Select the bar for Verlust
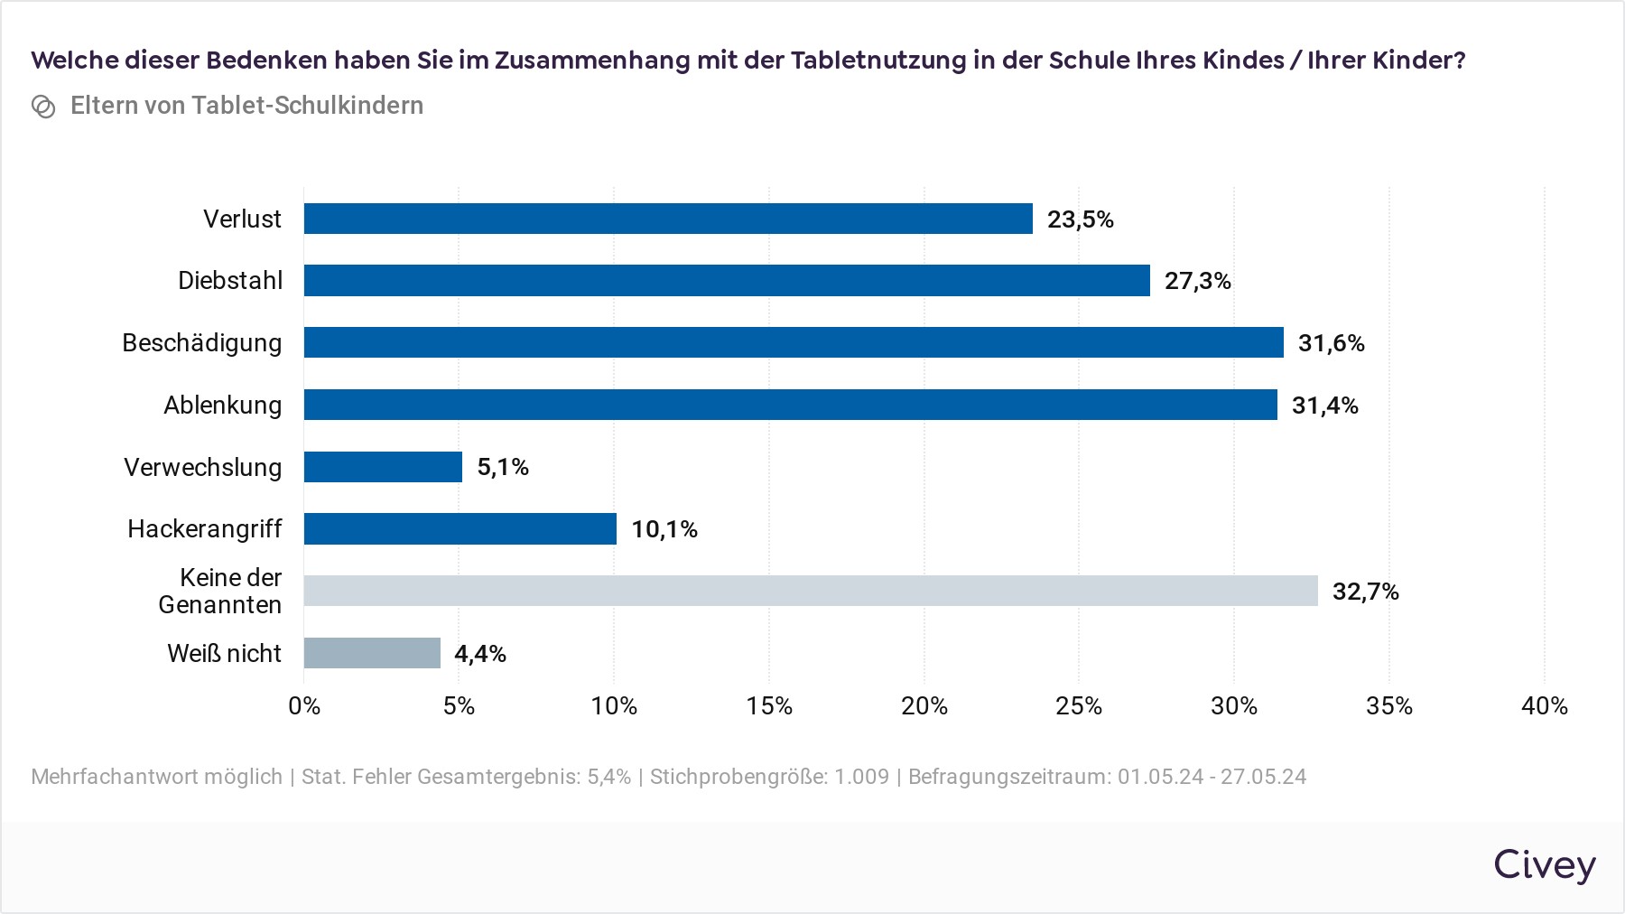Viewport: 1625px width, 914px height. [668, 219]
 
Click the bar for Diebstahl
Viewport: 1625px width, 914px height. [727, 280]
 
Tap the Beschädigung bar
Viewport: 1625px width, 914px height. [794, 342]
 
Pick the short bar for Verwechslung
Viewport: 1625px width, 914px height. [383, 467]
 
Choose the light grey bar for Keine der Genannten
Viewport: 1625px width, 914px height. [811, 591]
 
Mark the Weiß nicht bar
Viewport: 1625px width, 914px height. [372, 653]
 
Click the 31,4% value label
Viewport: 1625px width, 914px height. [1324, 406]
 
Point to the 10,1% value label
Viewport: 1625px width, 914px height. [664, 529]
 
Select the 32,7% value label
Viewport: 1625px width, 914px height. [1365, 592]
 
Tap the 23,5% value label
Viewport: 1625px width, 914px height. [1080, 219]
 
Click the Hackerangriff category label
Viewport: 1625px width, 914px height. [205, 528]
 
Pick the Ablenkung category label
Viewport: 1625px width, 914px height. [222, 405]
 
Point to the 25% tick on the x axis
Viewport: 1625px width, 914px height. [1079, 705]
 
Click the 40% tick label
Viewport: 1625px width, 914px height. [1544, 705]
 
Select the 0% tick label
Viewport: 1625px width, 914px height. [304, 705]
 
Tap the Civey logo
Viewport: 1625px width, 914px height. [1544, 864]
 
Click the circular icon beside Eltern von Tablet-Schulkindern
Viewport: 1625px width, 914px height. [43, 107]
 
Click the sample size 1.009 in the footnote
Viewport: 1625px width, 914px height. [861, 777]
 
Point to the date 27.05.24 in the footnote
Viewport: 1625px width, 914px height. [1263, 777]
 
